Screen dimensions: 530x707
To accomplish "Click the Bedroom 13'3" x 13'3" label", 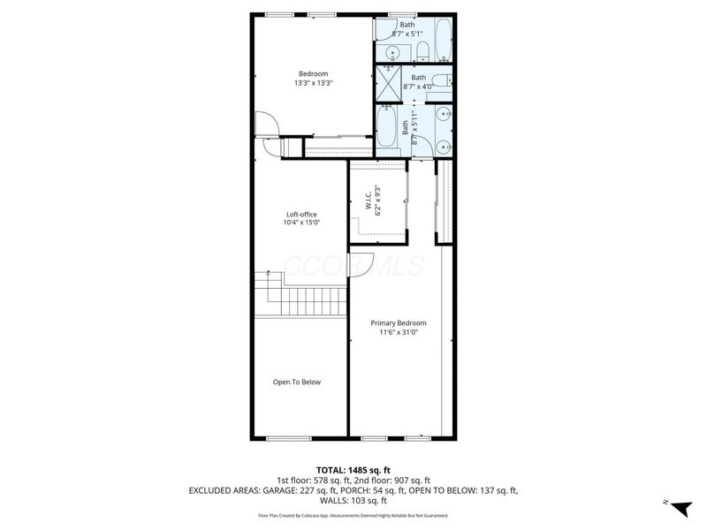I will click(313, 78).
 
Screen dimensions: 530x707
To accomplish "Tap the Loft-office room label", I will click(301, 218).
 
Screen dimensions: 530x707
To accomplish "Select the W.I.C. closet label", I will click(377, 201).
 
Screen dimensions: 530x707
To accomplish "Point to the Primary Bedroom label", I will click(398, 328).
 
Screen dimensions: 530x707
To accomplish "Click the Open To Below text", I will click(296, 382).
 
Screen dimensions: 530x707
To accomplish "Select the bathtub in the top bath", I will click(442, 42).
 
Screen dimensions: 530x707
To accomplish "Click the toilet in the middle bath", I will click(445, 81).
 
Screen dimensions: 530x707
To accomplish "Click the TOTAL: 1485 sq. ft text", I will click(353, 469).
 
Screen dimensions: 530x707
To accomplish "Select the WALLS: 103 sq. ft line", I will click(353, 500).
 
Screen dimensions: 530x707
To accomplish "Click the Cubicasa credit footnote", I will click(353, 515).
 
